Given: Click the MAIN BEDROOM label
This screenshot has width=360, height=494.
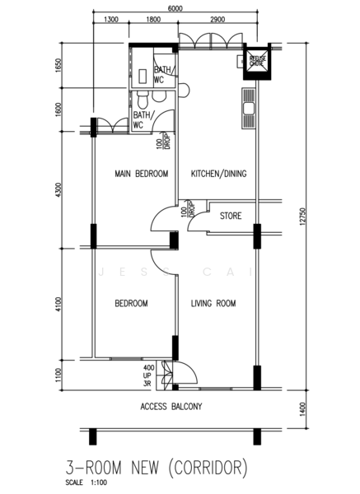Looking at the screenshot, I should click(x=141, y=174).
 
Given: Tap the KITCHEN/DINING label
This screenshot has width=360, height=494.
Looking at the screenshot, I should click(x=219, y=174).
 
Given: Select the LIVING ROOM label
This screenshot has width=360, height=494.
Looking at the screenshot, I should click(x=213, y=304).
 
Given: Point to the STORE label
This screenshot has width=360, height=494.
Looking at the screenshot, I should click(x=231, y=217).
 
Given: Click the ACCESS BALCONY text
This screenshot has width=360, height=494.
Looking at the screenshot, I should click(x=171, y=407).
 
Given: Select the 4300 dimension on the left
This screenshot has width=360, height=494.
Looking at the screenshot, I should click(x=57, y=190).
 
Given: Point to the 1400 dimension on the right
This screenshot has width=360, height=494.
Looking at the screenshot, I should click(x=302, y=407).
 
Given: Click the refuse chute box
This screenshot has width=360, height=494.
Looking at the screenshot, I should click(x=257, y=61).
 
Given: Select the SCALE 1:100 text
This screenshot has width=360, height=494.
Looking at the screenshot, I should click(x=85, y=485).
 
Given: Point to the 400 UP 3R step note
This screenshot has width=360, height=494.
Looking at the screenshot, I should click(x=149, y=375).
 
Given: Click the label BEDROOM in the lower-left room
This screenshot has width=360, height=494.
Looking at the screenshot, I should click(x=131, y=304).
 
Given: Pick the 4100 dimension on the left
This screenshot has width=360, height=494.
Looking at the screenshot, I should click(x=57, y=304).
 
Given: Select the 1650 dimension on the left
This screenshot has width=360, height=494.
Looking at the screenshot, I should click(x=57, y=65).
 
